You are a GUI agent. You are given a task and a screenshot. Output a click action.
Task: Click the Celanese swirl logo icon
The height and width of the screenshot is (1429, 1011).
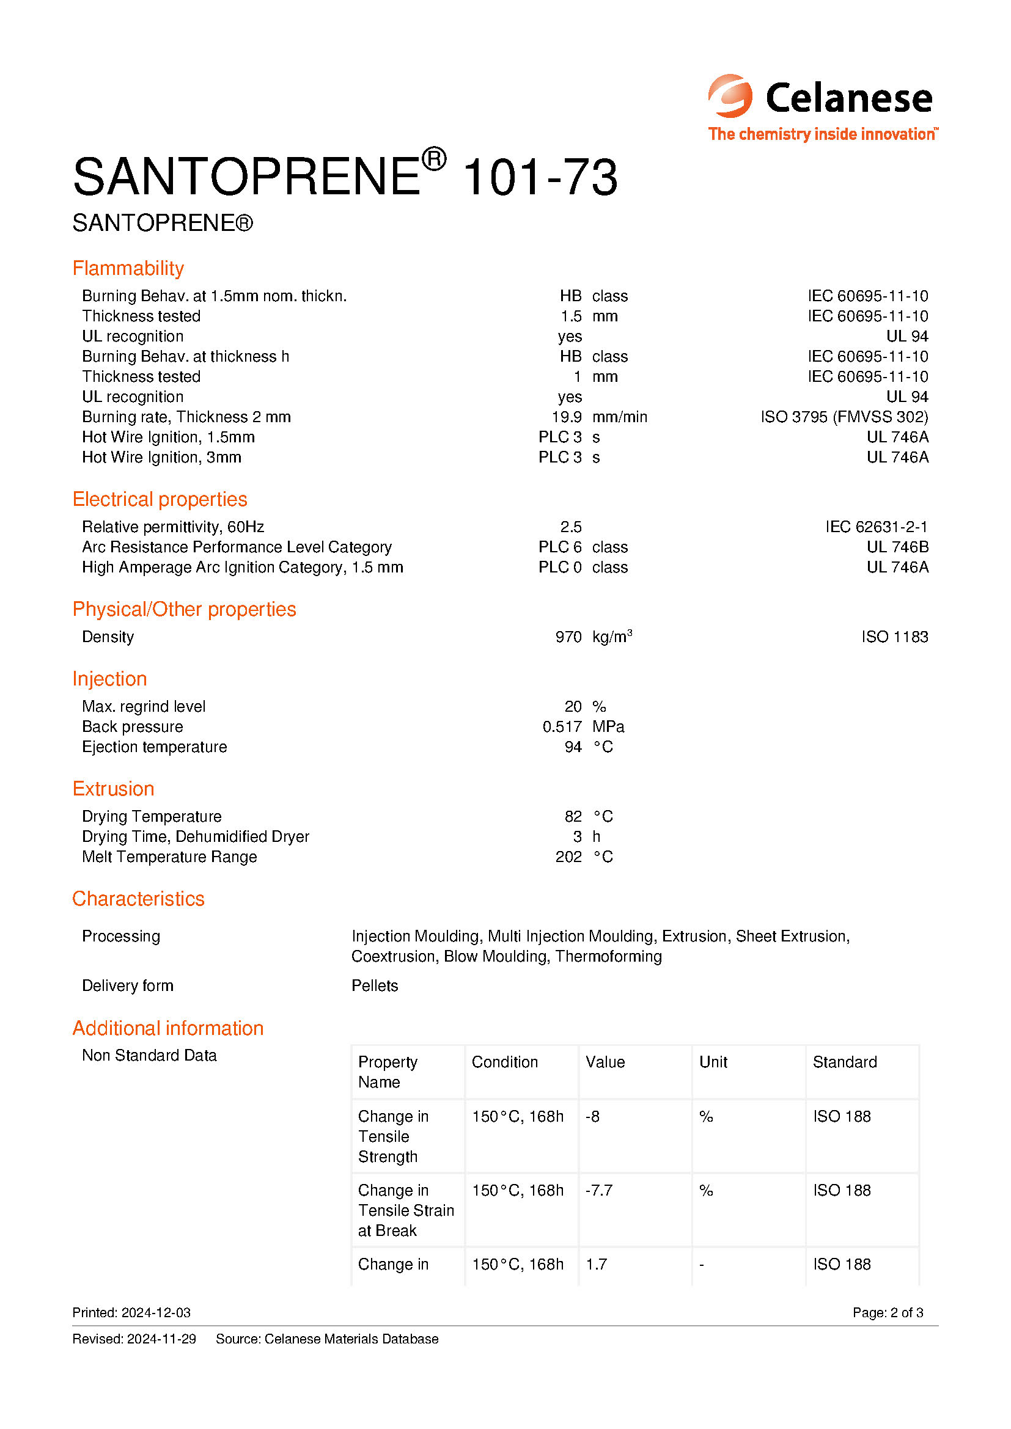730,97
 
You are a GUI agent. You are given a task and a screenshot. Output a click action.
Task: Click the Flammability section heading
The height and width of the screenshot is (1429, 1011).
128,268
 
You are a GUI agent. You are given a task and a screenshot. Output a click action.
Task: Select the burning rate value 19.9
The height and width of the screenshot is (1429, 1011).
567,417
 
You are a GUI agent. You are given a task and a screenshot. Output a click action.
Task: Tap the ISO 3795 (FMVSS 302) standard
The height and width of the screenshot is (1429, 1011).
844,417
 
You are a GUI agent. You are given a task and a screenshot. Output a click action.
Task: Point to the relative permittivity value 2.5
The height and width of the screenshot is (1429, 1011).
570,527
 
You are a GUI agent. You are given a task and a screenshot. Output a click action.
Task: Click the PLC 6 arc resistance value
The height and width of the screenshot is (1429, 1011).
560,547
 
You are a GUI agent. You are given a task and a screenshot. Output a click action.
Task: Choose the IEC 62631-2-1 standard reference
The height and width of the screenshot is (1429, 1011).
876,527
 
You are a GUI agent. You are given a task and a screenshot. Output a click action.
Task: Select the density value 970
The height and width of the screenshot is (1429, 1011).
568,637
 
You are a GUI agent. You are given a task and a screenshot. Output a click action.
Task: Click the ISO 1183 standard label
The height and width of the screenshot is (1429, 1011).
894,637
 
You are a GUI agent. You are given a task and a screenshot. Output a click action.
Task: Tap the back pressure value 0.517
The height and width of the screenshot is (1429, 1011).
562,727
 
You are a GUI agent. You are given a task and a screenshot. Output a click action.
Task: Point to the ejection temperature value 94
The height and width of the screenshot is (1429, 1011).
573,747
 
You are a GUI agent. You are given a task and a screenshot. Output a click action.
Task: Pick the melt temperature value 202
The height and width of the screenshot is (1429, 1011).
568,857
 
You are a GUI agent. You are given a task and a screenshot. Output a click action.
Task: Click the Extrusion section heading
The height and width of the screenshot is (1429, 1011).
113,789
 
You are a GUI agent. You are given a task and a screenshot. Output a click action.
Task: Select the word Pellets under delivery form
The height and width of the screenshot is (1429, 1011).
374,986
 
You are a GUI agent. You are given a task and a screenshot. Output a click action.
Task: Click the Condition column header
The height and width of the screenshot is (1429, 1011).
504,1062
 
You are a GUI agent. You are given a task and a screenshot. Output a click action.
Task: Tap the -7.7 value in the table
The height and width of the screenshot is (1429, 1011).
599,1191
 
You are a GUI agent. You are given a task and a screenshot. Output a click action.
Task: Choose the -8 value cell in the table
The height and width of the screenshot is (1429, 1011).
592,1117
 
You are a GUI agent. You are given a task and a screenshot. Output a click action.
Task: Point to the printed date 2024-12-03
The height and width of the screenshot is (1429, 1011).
156,1312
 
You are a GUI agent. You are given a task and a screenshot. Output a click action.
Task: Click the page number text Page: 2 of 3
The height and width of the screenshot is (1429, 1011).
887,1312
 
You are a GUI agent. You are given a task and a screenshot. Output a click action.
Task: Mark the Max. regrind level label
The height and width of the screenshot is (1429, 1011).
143,707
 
